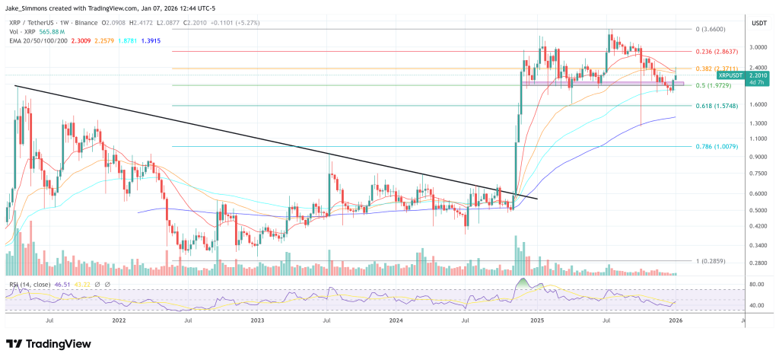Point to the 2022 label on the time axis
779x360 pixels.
click(119, 320)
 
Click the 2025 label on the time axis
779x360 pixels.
click(538, 320)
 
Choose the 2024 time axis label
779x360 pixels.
click(396, 320)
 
